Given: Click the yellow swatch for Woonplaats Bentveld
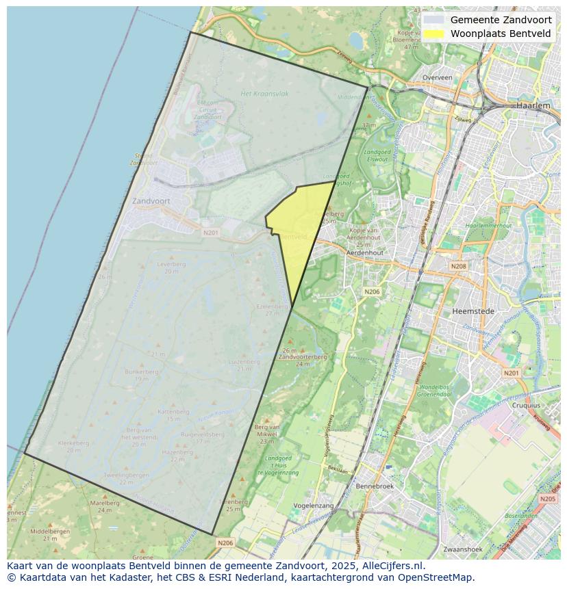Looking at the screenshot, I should click(x=433, y=34).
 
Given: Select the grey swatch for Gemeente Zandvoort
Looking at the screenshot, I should click(x=433, y=21).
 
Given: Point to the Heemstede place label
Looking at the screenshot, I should click(x=473, y=311).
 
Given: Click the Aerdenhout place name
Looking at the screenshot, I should click(x=365, y=252).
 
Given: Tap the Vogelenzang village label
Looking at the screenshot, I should click(x=313, y=506).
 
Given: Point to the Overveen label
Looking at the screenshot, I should click(x=437, y=77).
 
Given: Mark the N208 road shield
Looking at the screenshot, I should click(x=458, y=266).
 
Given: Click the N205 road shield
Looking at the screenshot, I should click(x=547, y=499).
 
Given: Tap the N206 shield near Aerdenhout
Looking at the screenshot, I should click(x=372, y=291).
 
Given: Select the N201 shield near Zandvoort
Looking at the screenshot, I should click(x=211, y=233).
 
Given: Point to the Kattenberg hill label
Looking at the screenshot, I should click(x=173, y=412).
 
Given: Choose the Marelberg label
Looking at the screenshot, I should click(x=105, y=503).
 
